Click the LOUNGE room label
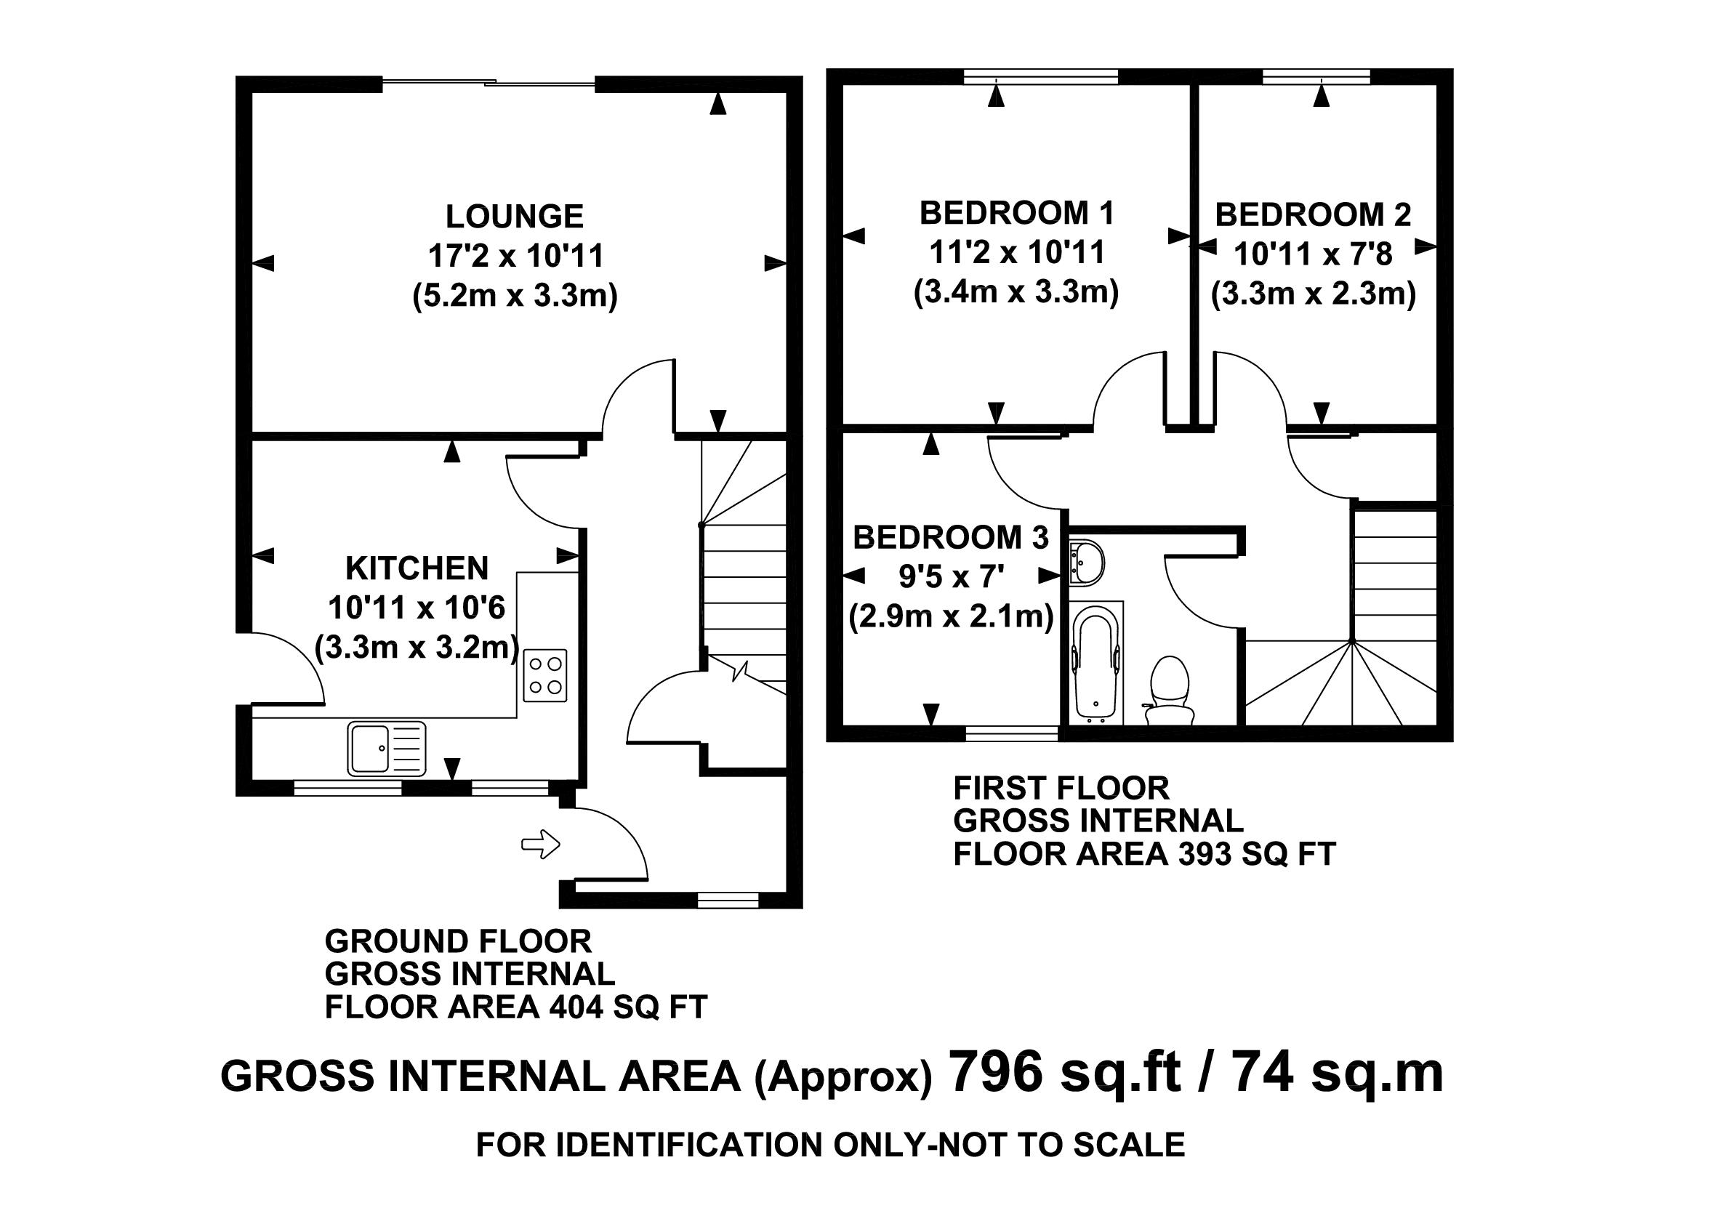[514, 217]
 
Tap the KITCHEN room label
[417, 568]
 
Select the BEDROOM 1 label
[1017, 214]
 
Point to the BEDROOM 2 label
[1313, 215]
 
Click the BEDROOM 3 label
[951, 538]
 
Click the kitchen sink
[387, 749]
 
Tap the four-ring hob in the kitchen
[544, 675]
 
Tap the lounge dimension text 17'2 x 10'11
[516, 257]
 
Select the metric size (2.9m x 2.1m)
[951, 617]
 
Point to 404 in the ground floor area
[576, 1007]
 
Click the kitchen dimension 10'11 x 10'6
[417, 608]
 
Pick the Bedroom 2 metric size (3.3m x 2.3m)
[1314, 294]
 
